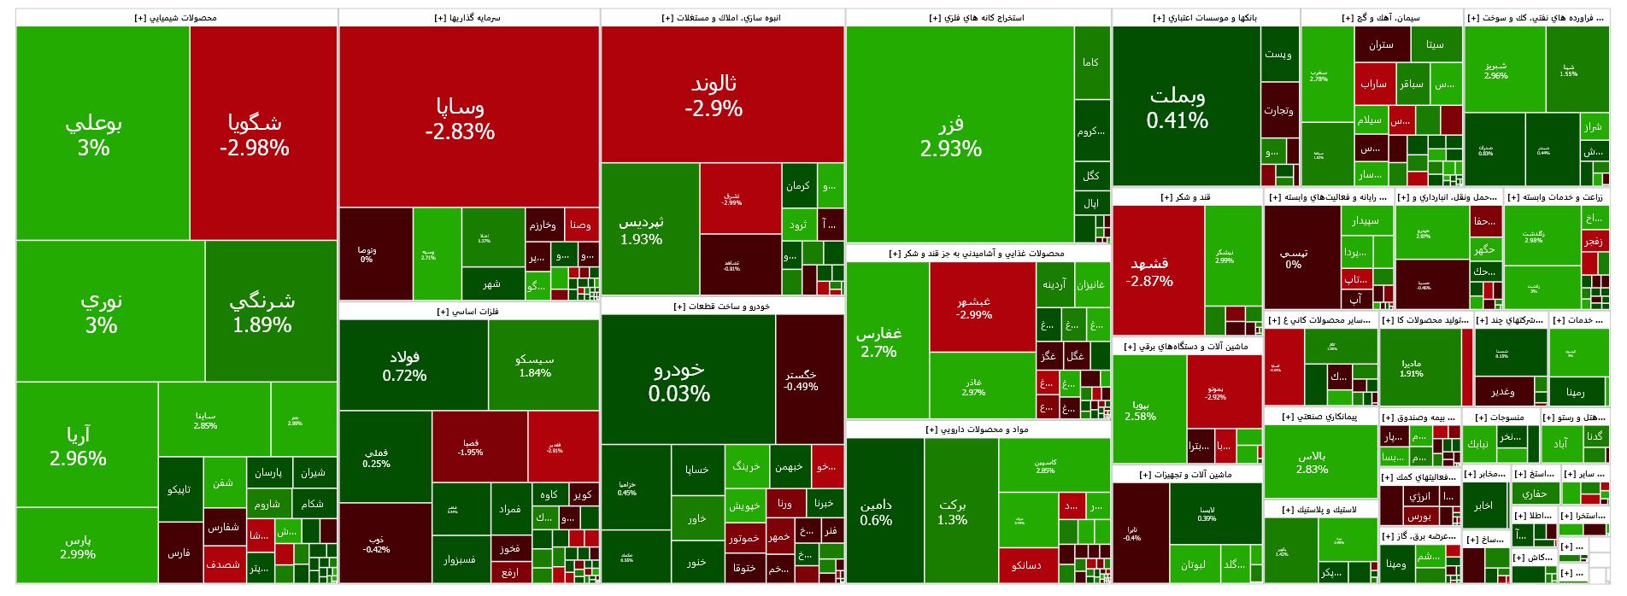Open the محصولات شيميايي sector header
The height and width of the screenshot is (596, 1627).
176,18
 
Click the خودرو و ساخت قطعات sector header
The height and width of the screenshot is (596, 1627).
722,307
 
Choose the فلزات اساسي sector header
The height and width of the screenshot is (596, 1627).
468,312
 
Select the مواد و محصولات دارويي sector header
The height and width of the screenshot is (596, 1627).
978,429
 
